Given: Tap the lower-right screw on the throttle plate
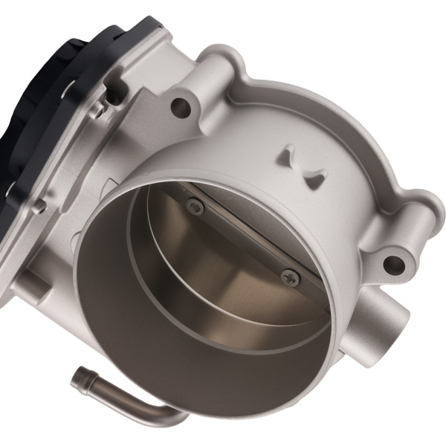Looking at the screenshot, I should point(291,278).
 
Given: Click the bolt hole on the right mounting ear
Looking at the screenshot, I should point(391,263).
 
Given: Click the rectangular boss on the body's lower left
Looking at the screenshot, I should point(37,286).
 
